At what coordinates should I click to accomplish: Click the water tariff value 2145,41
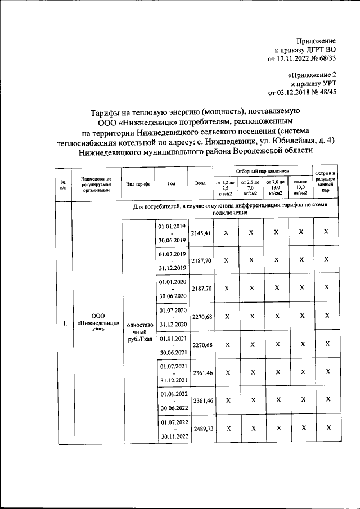click(x=201, y=233)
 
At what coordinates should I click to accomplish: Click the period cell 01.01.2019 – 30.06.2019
click(x=172, y=233)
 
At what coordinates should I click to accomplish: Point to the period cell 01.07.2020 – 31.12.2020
click(x=172, y=317)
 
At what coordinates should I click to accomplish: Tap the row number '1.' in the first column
click(x=65, y=323)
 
